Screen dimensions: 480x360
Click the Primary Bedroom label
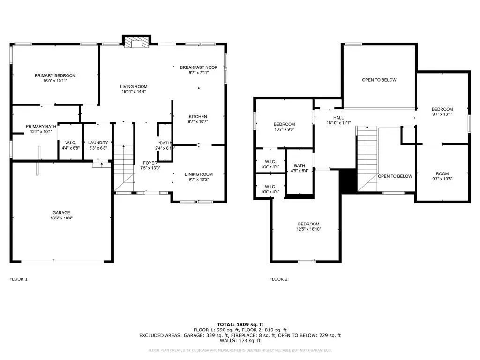[x=55, y=75]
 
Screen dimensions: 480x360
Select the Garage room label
[x=61, y=213]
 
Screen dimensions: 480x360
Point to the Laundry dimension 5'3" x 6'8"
[x=98, y=148]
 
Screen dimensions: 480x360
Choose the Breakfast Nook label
[x=199, y=67]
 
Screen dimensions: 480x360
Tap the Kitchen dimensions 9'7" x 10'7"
[x=198, y=121]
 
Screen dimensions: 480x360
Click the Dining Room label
[x=199, y=174]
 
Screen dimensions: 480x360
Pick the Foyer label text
[x=150, y=163]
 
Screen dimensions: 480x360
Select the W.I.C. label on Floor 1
[x=71, y=142]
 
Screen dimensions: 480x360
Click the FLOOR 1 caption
[x=18, y=279]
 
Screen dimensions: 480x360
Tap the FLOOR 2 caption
[x=278, y=279]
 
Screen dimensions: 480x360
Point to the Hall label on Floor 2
[x=338, y=118]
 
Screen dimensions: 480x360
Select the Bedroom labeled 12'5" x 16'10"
[x=308, y=224]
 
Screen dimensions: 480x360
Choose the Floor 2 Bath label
[x=300, y=165]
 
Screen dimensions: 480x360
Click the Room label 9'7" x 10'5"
[x=442, y=173]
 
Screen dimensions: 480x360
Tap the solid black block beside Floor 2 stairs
[x=349, y=181]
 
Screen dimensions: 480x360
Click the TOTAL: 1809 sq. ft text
[x=240, y=324]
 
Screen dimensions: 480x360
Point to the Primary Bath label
[x=41, y=127]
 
